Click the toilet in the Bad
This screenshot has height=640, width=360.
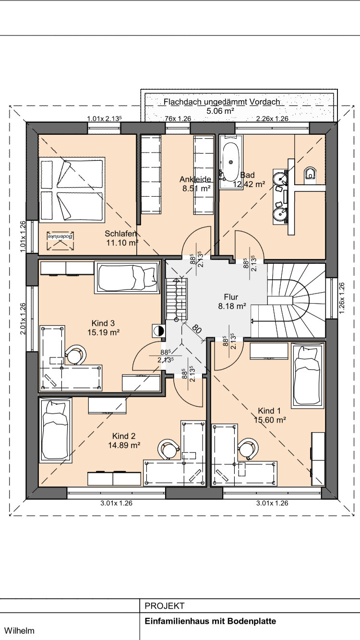pos(310,173)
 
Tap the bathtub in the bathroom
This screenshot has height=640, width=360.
pos(231,162)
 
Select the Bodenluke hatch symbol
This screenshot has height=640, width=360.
pos(60,240)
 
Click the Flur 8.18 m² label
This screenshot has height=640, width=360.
pos(232,301)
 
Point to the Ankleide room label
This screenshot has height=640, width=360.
pos(195,179)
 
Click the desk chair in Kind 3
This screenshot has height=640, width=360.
pos(75,355)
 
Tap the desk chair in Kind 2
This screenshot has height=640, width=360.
pos(168,449)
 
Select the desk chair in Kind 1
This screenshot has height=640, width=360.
pos(248,449)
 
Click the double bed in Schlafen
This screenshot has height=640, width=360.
pos(72,190)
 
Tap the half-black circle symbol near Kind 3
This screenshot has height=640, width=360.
pos(159,331)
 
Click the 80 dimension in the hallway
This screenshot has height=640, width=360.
pos(197,329)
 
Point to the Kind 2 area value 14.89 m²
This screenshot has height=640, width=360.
pos(124,445)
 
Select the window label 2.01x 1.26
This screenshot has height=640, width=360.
pos(23,319)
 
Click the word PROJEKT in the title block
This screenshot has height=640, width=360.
pos(165,606)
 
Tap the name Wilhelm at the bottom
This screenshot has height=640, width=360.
pos(19,630)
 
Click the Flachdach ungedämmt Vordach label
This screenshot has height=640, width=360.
pos(222,102)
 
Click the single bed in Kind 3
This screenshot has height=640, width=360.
pos(127,277)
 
